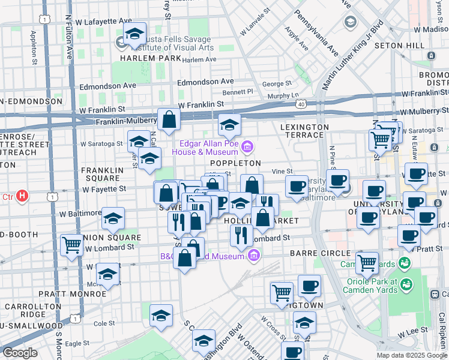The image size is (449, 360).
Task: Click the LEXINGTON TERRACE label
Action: coord(304,131)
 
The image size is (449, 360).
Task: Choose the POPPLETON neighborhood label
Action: coord(235,163)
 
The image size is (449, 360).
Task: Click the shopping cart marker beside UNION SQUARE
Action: coord(71,244)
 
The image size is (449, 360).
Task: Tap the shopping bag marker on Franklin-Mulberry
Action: coord(169,119)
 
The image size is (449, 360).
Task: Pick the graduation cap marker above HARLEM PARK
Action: coord(135,33)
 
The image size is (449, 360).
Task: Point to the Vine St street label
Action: coord(282,172)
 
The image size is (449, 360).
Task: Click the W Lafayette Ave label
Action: coord(103,21)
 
